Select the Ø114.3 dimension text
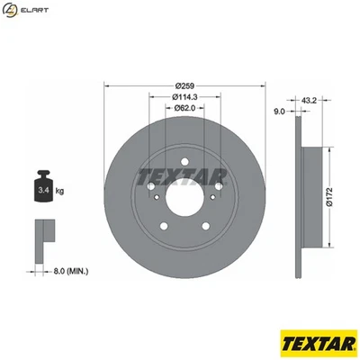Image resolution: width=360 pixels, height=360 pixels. [186, 97]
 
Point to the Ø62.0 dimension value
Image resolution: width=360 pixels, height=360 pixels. [186, 108]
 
